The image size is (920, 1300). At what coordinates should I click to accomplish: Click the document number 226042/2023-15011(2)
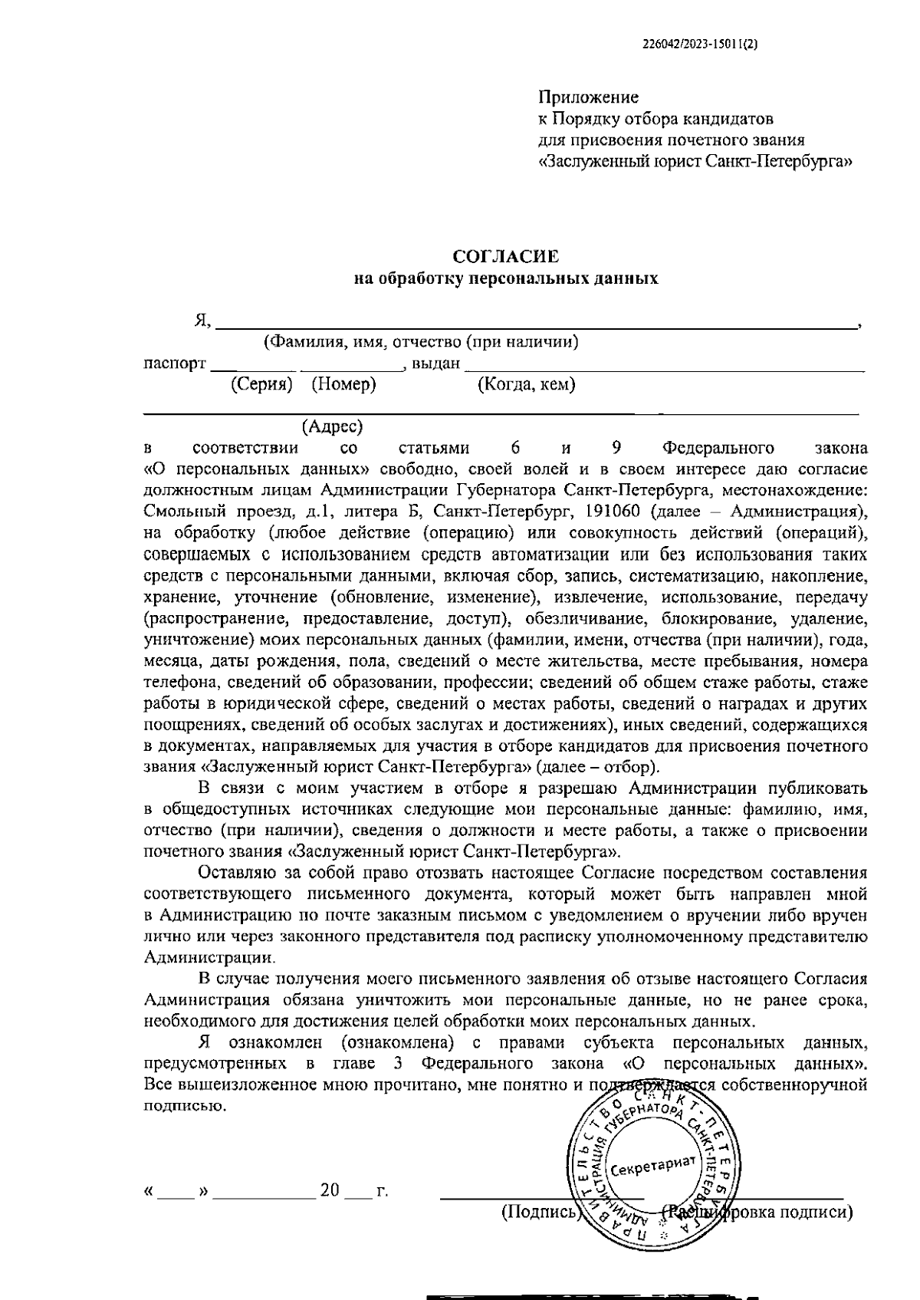(699, 44)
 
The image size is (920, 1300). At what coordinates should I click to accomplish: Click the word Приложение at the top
(588, 97)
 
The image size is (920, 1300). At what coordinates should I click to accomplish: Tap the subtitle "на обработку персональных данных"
(505, 278)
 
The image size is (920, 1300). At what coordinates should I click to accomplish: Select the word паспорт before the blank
(175, 363)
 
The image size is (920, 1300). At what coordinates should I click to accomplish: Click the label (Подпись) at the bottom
(538, 1212)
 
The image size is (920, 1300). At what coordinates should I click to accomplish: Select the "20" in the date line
(330, 1191)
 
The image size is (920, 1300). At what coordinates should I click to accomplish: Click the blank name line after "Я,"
(537, 322)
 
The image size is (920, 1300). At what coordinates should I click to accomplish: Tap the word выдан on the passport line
(435, 363)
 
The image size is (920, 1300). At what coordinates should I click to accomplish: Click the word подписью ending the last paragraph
(185, 1106)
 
